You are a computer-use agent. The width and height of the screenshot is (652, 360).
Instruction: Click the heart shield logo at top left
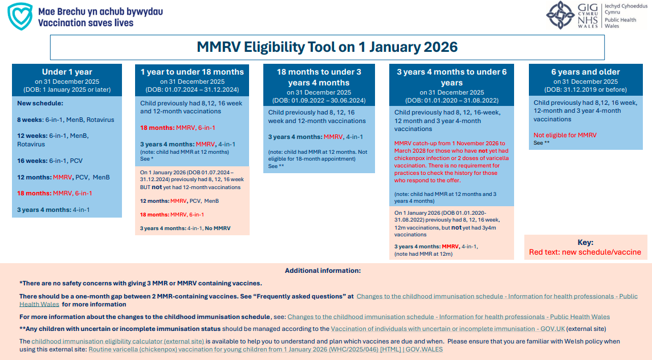tap(20, 17)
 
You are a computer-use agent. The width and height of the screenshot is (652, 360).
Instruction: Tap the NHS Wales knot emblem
tap(560, 15)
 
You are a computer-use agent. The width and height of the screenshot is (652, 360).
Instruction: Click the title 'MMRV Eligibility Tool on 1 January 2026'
tap(327, 47)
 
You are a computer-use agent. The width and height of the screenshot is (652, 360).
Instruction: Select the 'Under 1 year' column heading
tap(67, 72)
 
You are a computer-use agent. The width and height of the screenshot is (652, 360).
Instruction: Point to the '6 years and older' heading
tap(585, 72)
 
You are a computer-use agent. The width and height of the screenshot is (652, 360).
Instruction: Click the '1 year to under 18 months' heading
tap(192, 72)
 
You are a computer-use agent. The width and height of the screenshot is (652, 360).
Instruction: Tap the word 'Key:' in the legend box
tap(585, 242)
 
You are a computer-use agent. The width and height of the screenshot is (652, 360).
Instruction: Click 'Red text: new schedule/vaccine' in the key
tap(585, 252)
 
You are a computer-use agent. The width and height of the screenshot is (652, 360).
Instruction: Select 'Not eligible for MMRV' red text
tap(565, 135)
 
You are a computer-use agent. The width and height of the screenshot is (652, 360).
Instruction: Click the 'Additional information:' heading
tap(323, 271)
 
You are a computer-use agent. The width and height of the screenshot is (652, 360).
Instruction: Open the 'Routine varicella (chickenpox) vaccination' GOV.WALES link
tap(265, 349)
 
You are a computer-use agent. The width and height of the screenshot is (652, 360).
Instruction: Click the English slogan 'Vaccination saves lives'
tap(86, 23)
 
